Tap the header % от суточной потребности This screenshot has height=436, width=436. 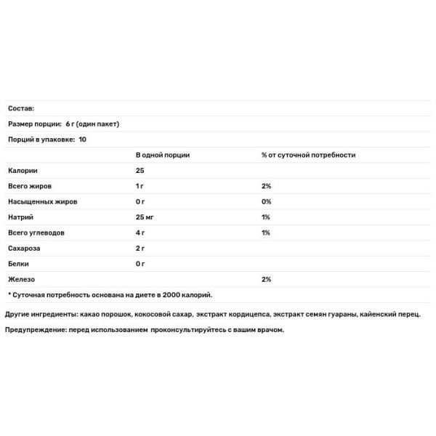(308, 155)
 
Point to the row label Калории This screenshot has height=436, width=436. (22, 170)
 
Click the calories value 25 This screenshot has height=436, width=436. (140, 170)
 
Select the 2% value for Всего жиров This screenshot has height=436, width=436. (266, 186)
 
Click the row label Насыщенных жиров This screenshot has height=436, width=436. (42, 201)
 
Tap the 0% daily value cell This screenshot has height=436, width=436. (266, 201)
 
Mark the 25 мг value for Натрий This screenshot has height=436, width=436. (145, 217)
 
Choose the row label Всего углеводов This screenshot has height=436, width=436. (36, 233)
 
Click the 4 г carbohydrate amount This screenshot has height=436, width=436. (140, 233)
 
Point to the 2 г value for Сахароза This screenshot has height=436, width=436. (140, 249)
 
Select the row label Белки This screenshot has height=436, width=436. (20, 264)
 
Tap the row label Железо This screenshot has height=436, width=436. (21, 279)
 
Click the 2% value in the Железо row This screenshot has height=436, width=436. (266, 279)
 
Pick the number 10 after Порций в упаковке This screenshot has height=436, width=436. (82, 139)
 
